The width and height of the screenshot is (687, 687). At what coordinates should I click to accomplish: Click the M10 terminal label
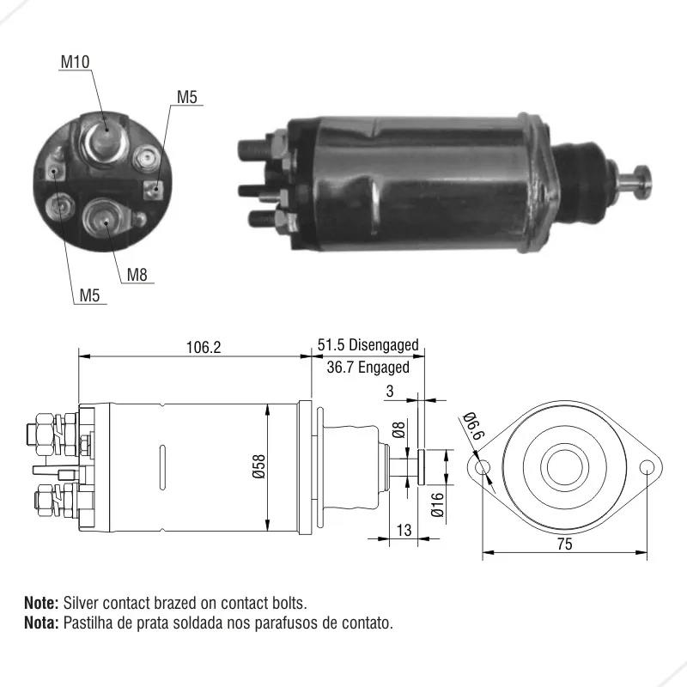75,62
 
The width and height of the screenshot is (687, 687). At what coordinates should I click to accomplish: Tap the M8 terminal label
137,275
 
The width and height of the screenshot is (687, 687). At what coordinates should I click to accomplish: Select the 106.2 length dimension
204,348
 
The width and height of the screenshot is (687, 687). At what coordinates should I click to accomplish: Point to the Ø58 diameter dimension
259,466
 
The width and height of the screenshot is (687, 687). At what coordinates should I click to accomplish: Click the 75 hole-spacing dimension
565,544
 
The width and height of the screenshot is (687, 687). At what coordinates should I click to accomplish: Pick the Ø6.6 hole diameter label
473,426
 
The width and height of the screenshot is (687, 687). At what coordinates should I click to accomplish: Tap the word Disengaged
383,345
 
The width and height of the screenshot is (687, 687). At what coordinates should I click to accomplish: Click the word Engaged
383,368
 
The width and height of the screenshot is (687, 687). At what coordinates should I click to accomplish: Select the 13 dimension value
404,530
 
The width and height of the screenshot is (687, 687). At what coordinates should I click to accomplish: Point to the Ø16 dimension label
437,504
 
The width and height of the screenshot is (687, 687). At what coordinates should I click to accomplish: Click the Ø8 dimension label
398,429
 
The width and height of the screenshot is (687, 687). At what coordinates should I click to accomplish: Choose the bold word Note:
41,603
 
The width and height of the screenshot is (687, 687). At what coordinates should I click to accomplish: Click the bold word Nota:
41,622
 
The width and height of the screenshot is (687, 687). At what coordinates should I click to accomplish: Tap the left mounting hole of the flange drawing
483,467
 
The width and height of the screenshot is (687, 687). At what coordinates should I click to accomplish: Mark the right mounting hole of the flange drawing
647,467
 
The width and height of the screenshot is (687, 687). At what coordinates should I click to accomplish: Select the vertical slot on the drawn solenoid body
162,467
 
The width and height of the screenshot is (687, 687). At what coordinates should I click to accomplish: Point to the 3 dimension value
390,391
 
